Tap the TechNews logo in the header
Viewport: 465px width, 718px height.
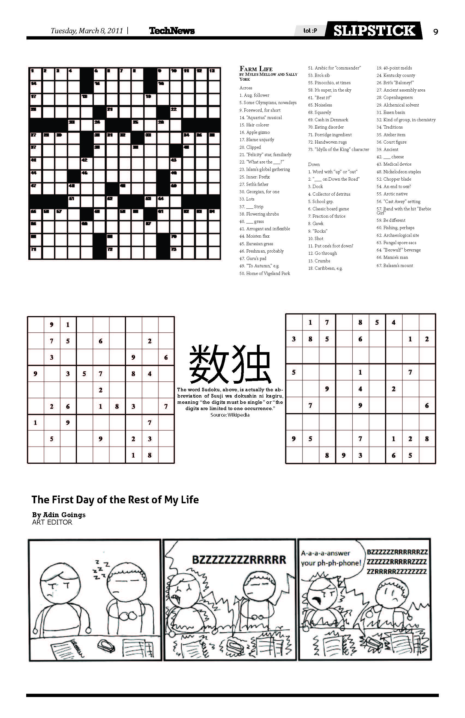pyautogui.click(x=172, y=31)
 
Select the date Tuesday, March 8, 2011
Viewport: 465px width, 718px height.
pyautogui.click(x=87, y=31)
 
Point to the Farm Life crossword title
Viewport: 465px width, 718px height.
pyautogui.click(x=256, y=69)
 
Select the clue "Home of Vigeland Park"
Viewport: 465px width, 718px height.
pyautogui.click(x=265, y=273)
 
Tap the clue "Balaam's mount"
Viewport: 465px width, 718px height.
pyautogui.click(x=395, y=265)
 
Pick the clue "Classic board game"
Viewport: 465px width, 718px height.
pyautogui.click(x=329, y=209)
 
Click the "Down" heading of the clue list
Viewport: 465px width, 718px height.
pyautogui.click(x=314, y=164)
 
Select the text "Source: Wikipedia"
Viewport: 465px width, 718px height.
pyautogui.click(x=230, y=415)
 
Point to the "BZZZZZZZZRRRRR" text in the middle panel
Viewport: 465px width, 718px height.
pyautogui.click(x=239, y=560)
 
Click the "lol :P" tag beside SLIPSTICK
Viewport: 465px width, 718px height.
pyautogui.click(x=310, y=31)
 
